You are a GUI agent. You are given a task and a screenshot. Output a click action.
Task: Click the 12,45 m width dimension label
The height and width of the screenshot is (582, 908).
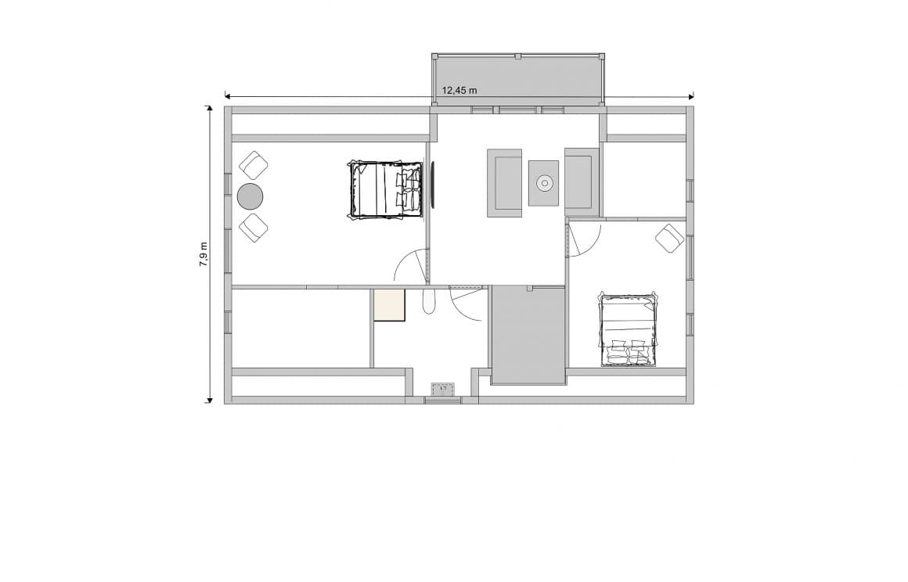pyautogui.click(x=459, y=90)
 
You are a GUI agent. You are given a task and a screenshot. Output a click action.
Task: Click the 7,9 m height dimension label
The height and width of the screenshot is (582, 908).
pyautogui.click(x=204, y=254)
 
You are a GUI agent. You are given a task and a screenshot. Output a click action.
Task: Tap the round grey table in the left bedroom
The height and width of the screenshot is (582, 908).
pyautogui.click(x=250, y=196)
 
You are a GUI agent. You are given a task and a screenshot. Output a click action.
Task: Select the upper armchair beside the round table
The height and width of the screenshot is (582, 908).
pyautogui.click(x=253, y=165)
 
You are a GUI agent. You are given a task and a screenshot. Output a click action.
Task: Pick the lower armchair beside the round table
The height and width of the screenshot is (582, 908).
pyautogui.click(x=253, y=228)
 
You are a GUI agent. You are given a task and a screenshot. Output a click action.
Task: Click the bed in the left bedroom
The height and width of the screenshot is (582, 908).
pyautogui.click(x=384, y=189)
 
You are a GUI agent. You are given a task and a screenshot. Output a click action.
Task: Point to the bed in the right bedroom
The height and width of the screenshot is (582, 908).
pyautogui.click(x=628, y=329)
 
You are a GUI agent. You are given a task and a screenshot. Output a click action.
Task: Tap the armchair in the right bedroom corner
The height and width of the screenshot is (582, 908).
pyautogui.click(x=669, y=238)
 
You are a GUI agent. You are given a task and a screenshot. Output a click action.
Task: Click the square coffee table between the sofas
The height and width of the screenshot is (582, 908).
pyautogui.click(x=543, y=183)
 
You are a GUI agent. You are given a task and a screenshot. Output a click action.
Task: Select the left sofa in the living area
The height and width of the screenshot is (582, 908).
pyautogui.click(x=505, y=182)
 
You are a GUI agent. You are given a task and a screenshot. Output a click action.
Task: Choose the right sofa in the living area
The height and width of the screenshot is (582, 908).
pyautogui.click(x=581, y=181)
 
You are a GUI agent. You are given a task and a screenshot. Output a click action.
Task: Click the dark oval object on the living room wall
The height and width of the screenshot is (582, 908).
pyautogui.click(x=431, y=185)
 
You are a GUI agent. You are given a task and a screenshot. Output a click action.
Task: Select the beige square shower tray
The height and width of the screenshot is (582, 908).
pyautogui.click(x=389, y=305)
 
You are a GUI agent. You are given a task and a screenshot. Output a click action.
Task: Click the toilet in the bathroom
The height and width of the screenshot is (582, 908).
pyautogui.click(x=428, y=302)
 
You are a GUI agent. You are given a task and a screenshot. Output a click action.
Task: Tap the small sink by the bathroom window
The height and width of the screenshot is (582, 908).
pyautogui.click(x=443, y=388)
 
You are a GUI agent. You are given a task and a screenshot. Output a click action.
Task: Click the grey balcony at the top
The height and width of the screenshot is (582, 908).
pyautogui.click(x=518, y=79)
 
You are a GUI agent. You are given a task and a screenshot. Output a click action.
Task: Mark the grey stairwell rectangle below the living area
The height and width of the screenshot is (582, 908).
pyautogui.click(x=528, y=335)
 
